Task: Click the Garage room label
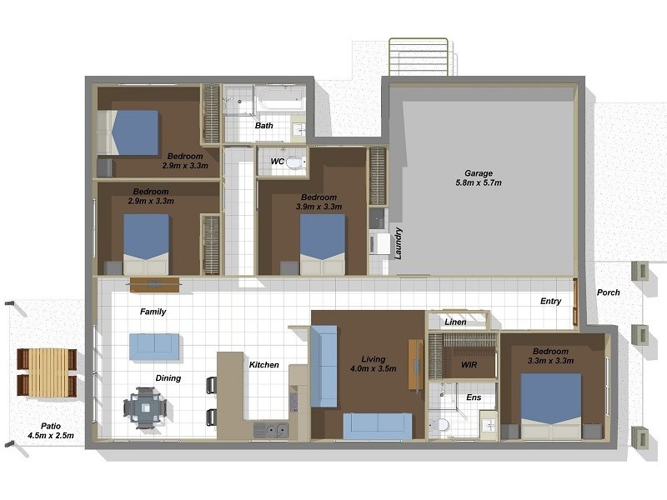click(x=479, y=178)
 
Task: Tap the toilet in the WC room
click(x=296, y=162)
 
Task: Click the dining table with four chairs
click(x=145, y=407)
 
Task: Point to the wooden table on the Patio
click(x=48, y=372)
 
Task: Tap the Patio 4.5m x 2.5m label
click(x=51, y=431)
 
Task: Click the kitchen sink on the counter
click(x=272, y=430)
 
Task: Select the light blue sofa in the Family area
click(x=154, y=347)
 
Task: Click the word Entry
click(x=551, y=301)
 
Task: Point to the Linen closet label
click(x=455, y=322)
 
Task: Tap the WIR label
click(x=469, y=365)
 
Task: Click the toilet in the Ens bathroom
click(x=439, y=424)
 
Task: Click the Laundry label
click(x=399, y=243)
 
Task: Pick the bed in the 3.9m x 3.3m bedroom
click(x=323, y=244)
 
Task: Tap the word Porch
click(x=609, y=292)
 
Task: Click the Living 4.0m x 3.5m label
click(x=373, y=364)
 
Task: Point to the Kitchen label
click(x=263, y=365)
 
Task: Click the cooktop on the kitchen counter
click(x=293, y=402)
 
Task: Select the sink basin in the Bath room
click(x=298, y=129)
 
